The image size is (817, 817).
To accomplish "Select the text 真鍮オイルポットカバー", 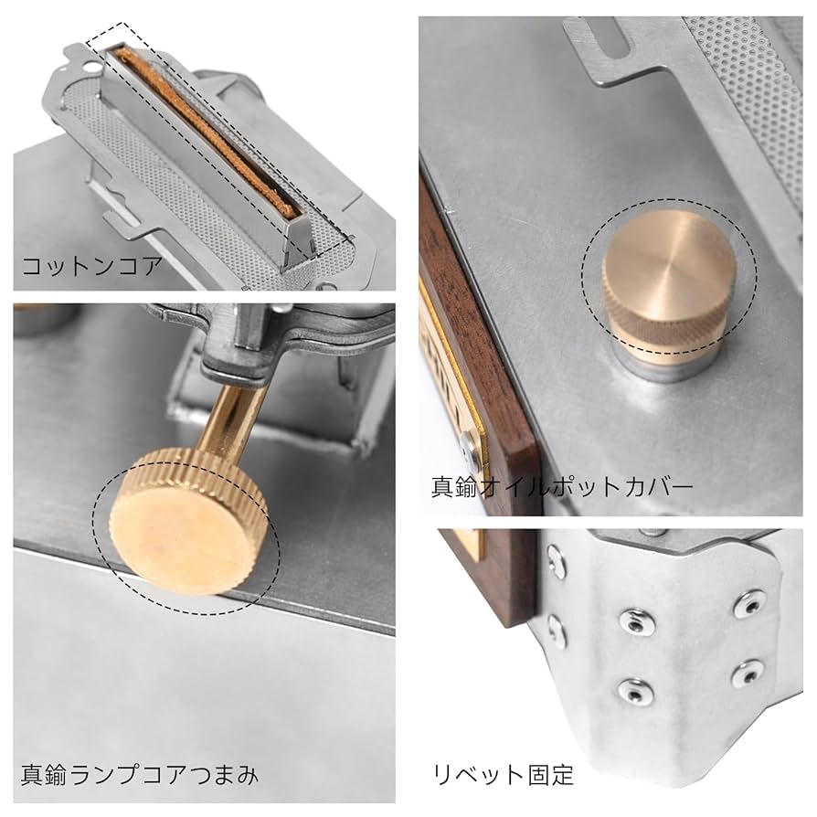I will (561, 485).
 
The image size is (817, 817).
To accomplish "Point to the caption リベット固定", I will (503, 776).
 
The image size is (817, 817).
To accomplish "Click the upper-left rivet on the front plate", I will (631, 621).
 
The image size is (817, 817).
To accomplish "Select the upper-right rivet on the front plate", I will (748, 603).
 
